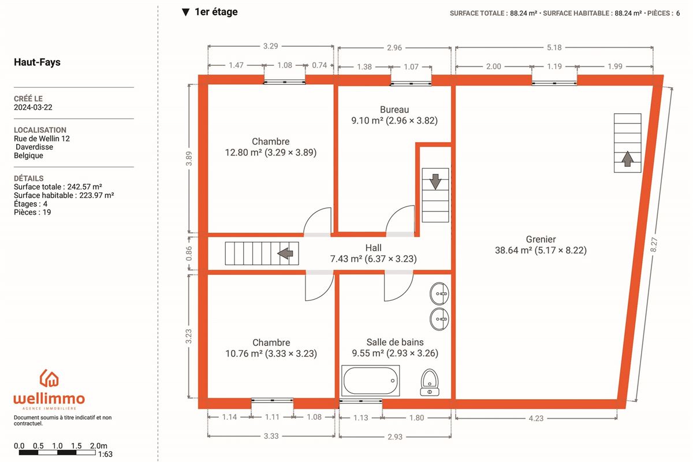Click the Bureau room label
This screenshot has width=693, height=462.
pos(394,110)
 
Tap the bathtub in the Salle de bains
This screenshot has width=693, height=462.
pos(371,381)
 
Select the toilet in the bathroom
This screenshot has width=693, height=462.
pos(430,382)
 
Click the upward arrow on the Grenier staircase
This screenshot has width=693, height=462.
pos(627,159)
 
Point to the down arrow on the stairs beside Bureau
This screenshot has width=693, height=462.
pos(435,182)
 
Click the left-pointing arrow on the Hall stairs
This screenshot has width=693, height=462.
pos(285,254)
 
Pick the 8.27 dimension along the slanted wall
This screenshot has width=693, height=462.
pos(654,244)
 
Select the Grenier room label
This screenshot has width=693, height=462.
pos(541,239)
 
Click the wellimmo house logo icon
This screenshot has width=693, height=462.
pos(49,378)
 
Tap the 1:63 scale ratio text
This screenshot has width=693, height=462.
pos(105,454)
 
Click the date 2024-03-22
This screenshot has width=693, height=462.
pos(33,107)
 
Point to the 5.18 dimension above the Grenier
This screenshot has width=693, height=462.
pos(554,48)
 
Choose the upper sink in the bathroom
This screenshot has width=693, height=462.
pos(439,293)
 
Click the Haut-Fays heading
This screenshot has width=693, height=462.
pos(37,62)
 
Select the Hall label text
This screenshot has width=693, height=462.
pos(374,248)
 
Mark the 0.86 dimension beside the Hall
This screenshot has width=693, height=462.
pos(189,254)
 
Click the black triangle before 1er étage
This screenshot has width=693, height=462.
pos(185,12)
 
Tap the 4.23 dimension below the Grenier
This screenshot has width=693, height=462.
pos(536,418)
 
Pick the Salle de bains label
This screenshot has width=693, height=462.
pos(395,342)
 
